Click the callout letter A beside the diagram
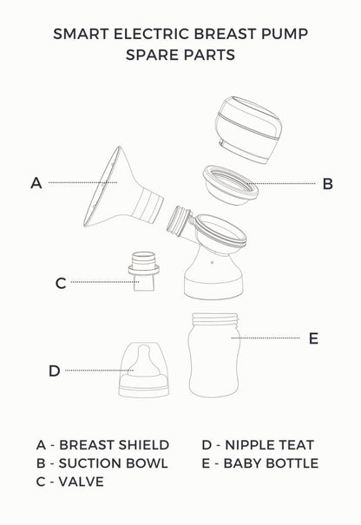tap(36, 183)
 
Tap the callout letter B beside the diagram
tap(327, 184)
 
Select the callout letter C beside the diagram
tap(60, 282)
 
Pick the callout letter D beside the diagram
tap(54, 371)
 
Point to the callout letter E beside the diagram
tap(313, 338)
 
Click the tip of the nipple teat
tap(140, 351)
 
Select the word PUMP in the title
tap(282, 35)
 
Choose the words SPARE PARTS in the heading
tap(180, 55)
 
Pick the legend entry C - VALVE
tap(70, 482)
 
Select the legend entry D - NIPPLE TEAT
tap(257, 444)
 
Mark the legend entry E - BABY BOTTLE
tap(259, 463)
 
